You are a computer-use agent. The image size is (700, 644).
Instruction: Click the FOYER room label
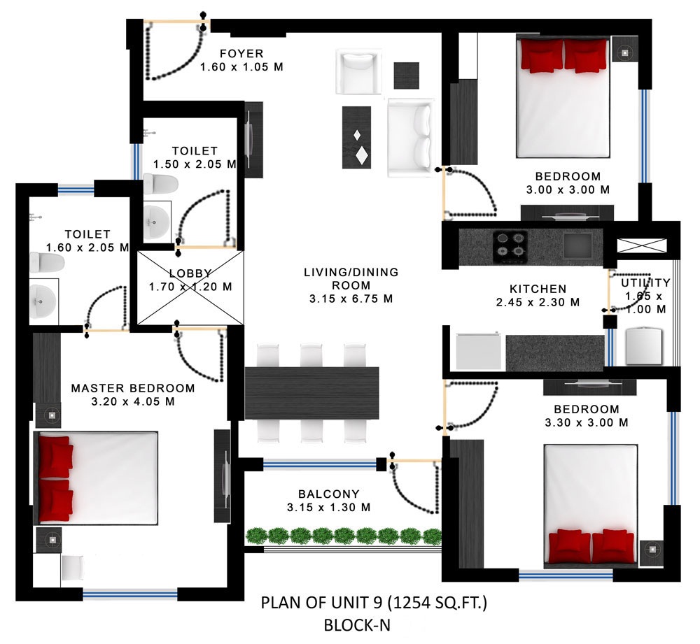tap(241, 54)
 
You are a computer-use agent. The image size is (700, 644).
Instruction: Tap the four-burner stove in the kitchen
tap(510, 246)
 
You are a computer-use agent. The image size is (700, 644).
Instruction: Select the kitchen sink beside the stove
tap(577, 245)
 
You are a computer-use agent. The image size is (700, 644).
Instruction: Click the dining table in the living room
tap(311, 393)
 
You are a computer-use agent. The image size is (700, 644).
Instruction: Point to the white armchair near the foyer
tap(358, 72)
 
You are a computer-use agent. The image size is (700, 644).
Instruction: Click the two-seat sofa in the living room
tap(411, 137)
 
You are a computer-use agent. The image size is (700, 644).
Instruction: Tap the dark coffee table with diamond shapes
tap(356, 137)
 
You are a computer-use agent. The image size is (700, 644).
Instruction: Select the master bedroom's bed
tap(96, 478)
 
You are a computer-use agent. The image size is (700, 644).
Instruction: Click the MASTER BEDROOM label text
tap(133, 389)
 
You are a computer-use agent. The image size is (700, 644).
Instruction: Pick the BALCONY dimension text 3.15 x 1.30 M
tap(329, 508)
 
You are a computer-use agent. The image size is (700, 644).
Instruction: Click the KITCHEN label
tap(538, 289)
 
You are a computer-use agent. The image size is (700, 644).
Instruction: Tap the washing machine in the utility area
tap(643, 345)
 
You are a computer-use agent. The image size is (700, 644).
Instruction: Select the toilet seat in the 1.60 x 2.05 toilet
tap(47, 263)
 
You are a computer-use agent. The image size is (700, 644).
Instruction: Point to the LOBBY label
tap(190, 273)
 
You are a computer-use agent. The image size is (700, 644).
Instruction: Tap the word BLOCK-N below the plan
tap(357, 625)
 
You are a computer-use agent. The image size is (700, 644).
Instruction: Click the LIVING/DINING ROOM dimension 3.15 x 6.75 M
tap(351, 299)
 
